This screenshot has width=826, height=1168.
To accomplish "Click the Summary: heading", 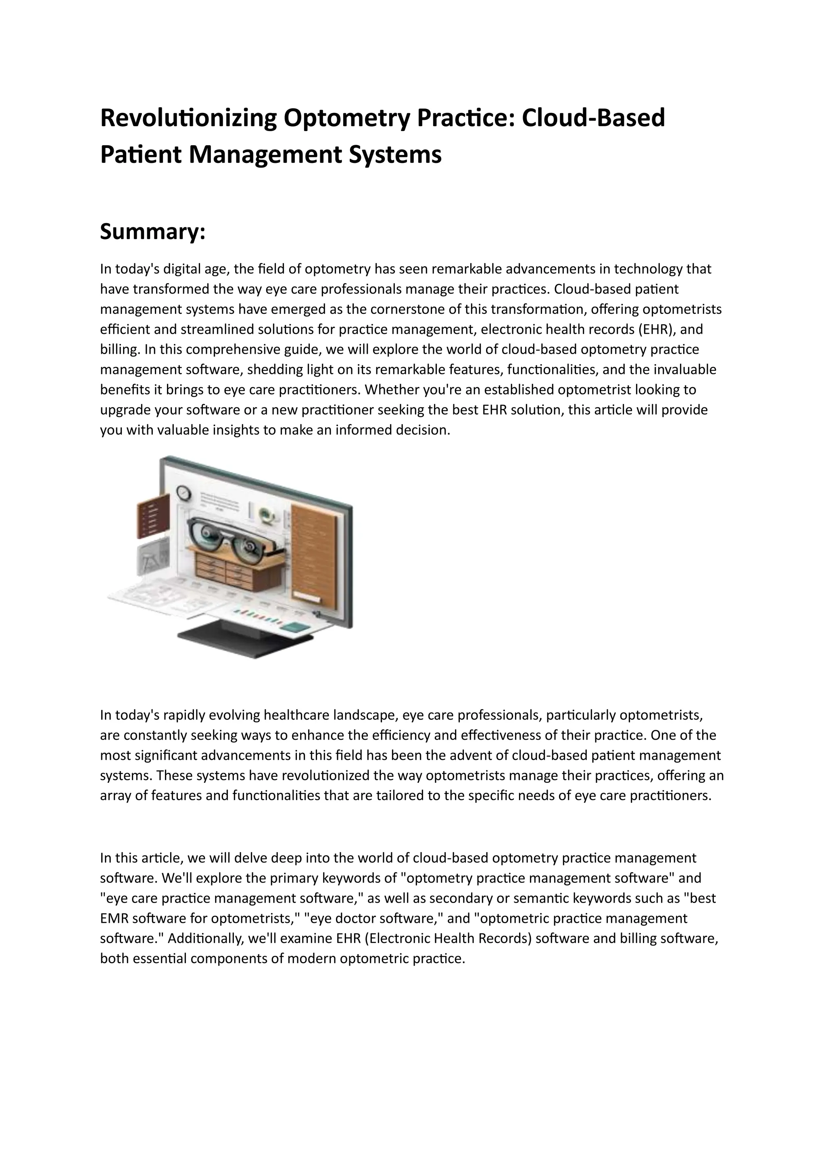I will [152, 232].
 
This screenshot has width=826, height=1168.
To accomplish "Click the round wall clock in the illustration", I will [183, 492].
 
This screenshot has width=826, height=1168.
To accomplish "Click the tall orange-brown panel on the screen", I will [313, 552].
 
